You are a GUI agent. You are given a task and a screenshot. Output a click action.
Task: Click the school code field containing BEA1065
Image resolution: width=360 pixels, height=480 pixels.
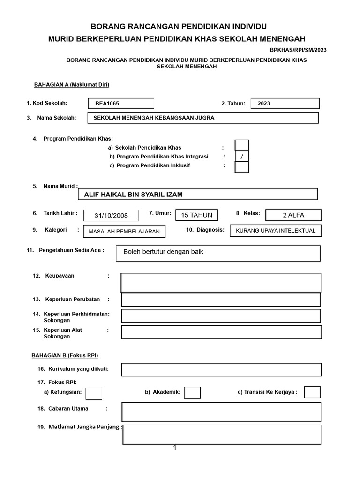point(121,103)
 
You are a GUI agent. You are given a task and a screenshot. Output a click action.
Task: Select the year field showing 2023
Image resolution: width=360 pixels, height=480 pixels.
point(285,104)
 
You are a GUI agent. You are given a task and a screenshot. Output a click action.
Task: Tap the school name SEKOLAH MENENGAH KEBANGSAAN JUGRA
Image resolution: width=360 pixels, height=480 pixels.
point(203,118)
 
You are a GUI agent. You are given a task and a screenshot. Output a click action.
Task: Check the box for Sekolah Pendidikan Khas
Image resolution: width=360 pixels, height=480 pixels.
point(242,146)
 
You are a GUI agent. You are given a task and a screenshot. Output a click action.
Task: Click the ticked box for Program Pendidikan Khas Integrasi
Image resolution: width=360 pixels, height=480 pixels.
point(242,157)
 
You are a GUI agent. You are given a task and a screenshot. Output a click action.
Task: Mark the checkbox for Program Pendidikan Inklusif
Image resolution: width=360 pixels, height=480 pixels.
point(242,167)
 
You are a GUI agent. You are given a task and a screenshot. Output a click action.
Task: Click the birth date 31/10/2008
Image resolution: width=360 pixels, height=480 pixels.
point(111,215)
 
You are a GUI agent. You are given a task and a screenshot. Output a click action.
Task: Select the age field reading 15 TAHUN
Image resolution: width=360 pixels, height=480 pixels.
point(196,215)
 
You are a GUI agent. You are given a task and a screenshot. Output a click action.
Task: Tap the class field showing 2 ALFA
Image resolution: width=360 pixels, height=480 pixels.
point(293,215)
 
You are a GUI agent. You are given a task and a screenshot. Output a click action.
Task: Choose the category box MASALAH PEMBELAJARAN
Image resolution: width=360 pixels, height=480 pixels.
point(124,231)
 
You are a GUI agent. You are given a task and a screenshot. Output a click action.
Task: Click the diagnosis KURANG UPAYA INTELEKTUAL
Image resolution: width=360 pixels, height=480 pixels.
point(276,231)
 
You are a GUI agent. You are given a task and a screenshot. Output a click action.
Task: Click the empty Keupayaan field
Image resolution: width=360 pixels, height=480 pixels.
point(221,283)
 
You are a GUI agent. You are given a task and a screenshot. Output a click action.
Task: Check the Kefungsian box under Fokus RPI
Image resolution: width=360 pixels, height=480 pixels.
point(94,393)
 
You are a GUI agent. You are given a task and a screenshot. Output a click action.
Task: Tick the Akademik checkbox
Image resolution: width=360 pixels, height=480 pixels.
point(192,392)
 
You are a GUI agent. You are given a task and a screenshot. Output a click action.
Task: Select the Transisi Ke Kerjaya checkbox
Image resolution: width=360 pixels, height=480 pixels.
point(312,392)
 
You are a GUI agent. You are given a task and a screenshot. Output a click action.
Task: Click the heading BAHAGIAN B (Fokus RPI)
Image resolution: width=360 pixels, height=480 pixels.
point(65,355)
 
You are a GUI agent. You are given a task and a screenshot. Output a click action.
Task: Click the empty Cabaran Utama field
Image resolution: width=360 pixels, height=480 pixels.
point(221,412)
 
